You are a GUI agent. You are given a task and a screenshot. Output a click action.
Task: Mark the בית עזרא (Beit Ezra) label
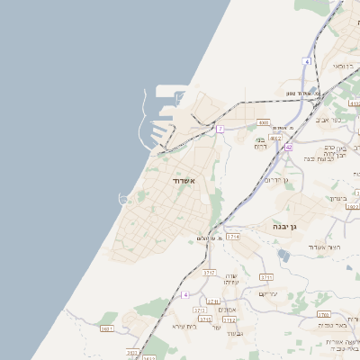184,326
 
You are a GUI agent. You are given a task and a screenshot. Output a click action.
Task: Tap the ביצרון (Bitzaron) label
337,198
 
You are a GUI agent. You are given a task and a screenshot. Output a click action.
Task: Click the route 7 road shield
219,129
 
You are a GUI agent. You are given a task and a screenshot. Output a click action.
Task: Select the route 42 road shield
289,147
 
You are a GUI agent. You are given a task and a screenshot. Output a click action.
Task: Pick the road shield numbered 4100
264,122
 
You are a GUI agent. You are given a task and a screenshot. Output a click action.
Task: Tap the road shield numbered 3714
233,236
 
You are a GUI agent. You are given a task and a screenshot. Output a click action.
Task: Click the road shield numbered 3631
107,329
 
